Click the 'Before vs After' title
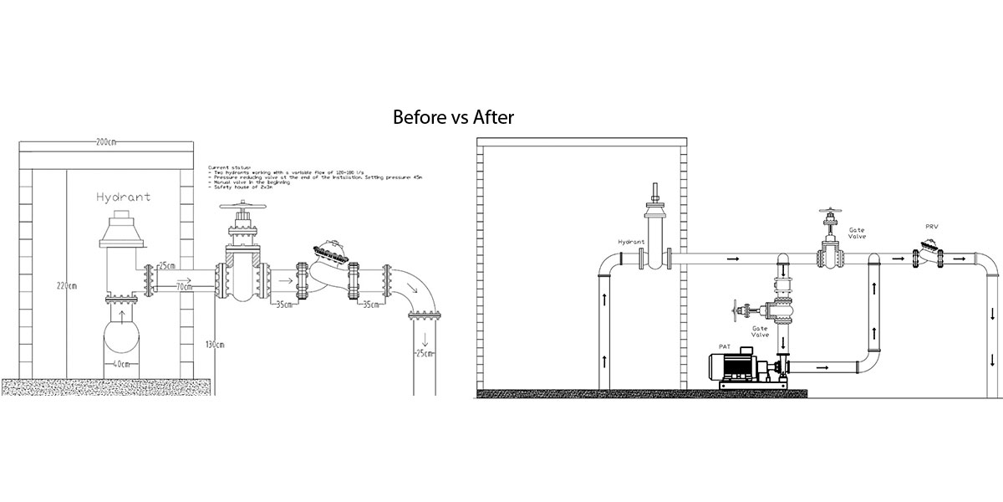tap(453, 118)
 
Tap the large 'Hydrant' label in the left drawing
tap(123, 197)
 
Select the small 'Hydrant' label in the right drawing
tap(631, 242)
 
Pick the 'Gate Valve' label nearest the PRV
tap(857, 233)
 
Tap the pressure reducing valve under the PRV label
tap(928, 254)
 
